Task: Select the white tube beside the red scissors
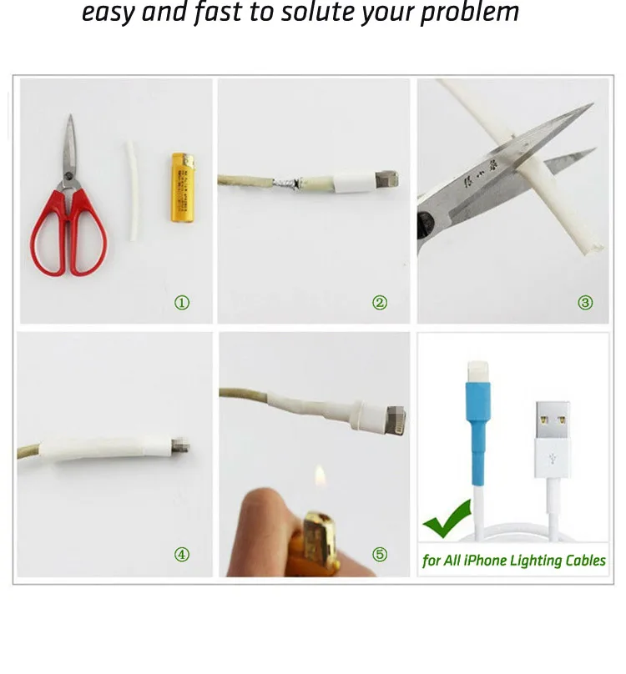(131, 191)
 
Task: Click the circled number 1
(182, 303)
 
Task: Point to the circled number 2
(380, 303)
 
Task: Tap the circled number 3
(585, 303)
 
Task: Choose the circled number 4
(182, 555)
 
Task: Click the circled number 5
(380, 555)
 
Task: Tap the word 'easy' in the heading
(109, 14)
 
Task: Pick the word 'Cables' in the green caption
(583, 561)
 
